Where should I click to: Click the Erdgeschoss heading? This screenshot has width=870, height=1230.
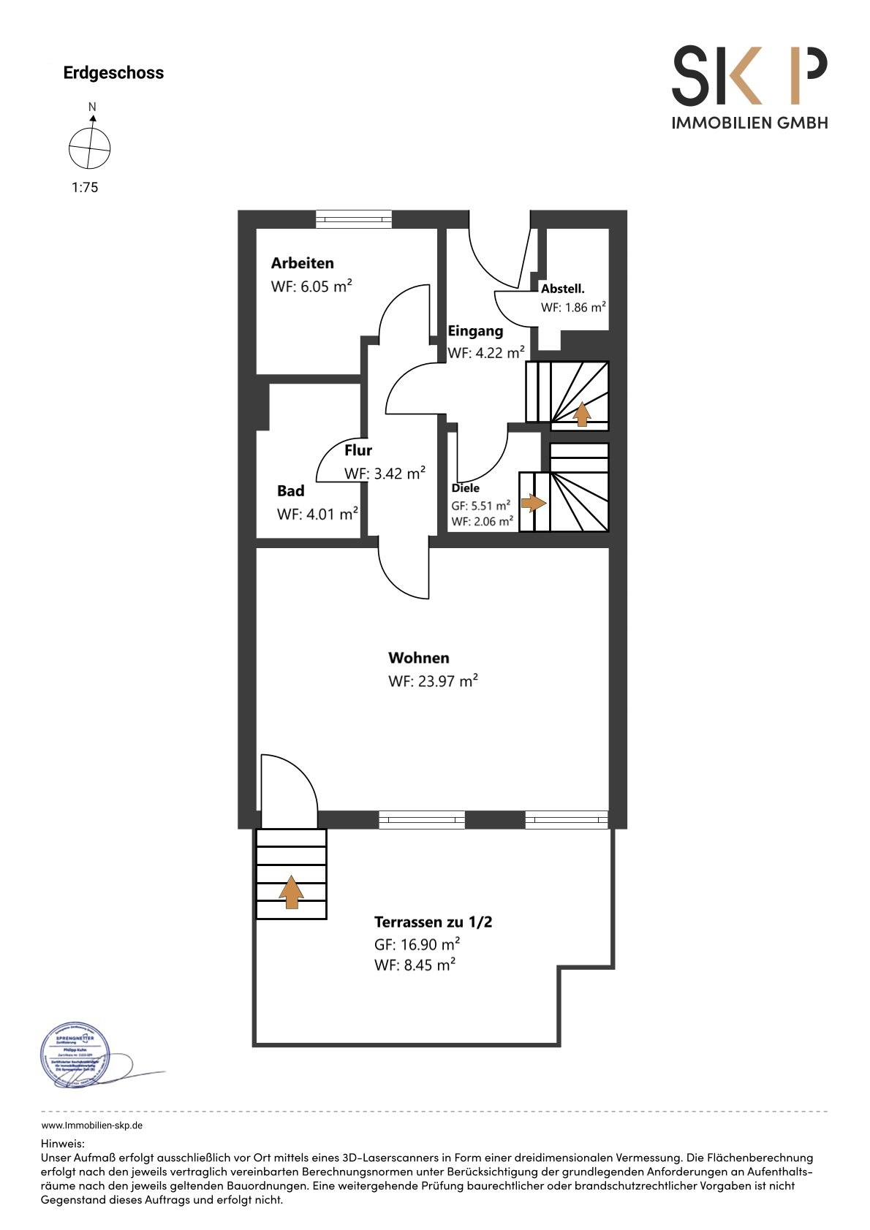pyautogui.click(x=113, y=73)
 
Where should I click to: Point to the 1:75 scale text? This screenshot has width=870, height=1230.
pyautogui.click(x=85, y=187)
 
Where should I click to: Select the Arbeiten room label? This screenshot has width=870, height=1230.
pyautogui.click(x=302, y=263)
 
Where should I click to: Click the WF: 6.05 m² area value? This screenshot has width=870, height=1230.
pyautogui.click(x=311, y=286)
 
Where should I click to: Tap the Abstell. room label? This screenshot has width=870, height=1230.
pyautogui.click(x=562, y=289)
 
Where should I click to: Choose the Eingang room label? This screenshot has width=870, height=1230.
pyautogui.click(x=475, y=331)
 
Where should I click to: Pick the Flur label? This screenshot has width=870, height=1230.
pyautogui.click(x=358, y=450)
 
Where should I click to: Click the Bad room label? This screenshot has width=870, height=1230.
pyautogui.click(x=290, y=491)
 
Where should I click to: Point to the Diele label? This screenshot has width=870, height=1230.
pyautogui.click(x=466, y=488)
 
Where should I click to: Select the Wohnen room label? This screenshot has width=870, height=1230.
pyautogui.click(x=418, y=658)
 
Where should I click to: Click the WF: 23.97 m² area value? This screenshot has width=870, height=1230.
pyautogui.click(x=433, y=681)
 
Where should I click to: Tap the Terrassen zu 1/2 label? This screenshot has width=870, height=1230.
pyautogui.click(x=433, y=922)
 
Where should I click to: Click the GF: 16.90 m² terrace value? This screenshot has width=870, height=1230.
pyautogui.click(x=417, y=944)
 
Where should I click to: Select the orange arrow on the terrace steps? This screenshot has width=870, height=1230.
pyautogui.click(x=291, y=892)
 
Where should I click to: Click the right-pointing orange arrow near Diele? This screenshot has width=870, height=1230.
pyautogui.click(x=533, y=503)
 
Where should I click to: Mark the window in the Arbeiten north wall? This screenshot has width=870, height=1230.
pyautogui.click(x=354, y=219)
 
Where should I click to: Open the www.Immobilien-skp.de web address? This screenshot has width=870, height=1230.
pyautogui.click(x=91, y=1125)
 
